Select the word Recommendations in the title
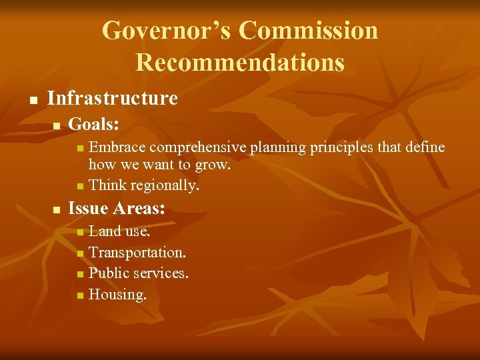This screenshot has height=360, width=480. coord(240,63)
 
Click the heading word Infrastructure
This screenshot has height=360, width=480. coord(113,99)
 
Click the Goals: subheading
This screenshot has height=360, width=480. coord(94,124)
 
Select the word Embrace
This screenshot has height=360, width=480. coord(118,147)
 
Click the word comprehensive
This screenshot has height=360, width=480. coord(199,147)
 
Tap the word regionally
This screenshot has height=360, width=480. coord(165,185)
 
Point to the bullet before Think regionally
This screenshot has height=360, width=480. coord(80,185)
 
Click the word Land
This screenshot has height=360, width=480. coord(105,231)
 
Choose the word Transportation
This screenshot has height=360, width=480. coord(137,253)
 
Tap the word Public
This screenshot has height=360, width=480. coord(109,273)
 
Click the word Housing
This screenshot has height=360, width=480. coord(117,294)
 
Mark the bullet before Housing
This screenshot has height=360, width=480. coord(80,295)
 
